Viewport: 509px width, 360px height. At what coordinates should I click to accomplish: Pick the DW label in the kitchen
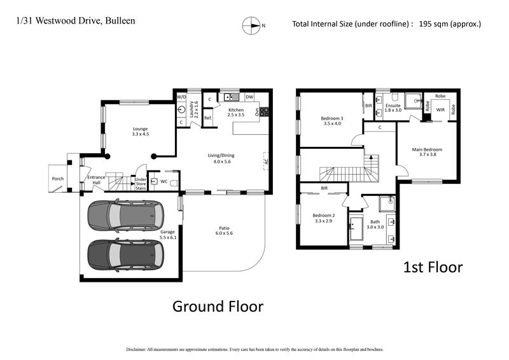(249, 97)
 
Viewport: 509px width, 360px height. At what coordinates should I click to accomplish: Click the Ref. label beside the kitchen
(207, 118)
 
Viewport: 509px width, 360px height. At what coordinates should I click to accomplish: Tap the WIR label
(439, 109)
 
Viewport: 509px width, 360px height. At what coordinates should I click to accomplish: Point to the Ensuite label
(393, 106)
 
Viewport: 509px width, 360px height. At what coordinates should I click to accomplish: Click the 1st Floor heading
(433, 267)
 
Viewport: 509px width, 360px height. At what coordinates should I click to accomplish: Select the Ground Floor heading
(218, 307)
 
